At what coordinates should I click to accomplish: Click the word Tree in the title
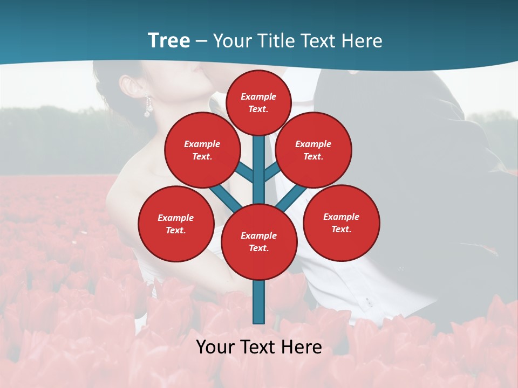(x=169, y=41)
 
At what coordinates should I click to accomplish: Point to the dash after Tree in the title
(x=202, y=42)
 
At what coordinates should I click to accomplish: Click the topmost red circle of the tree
(x=258, y=102)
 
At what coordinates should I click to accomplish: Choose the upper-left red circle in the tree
(x=202, y=150)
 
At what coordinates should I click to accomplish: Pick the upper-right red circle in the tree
(x=313, y=150)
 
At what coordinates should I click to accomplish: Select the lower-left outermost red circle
(x=176, y=224)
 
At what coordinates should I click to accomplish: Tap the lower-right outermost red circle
(x=342, y=223)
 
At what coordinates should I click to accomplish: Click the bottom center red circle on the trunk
(x=259, y=242)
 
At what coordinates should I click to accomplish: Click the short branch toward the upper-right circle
(x=271, y=172)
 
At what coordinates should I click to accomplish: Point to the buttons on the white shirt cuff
(x=369, y=302)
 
